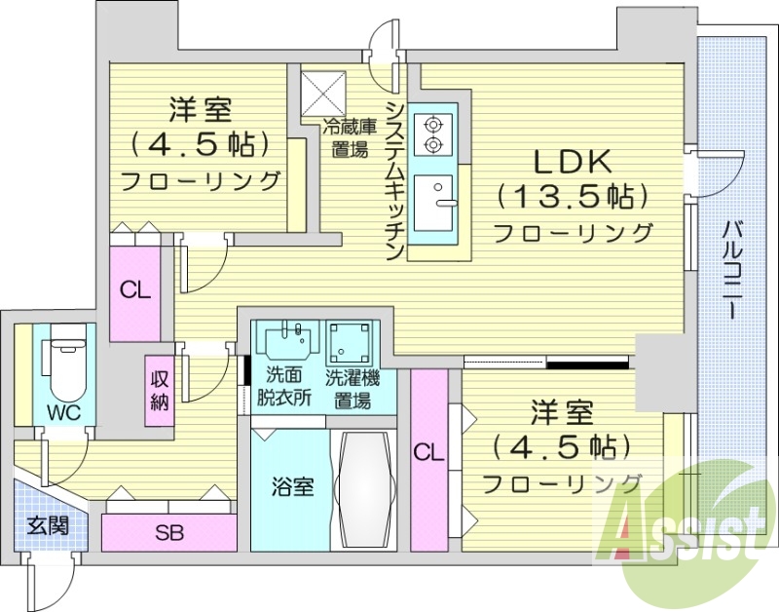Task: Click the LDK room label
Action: pyautogui.click(x=571, y=161)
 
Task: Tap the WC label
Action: pyautogui.click(x=64, y=411)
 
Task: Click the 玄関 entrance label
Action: pyautogui.click(x=47, y=525)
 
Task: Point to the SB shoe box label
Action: pyautogui.click(x=169, y=533)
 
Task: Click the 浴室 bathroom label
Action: pyautogui.click(x=291, y=486)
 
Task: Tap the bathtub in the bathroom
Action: pyautogui.click(x=365, y=491)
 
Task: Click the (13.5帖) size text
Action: pyautogui.click(x=571, y=198)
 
